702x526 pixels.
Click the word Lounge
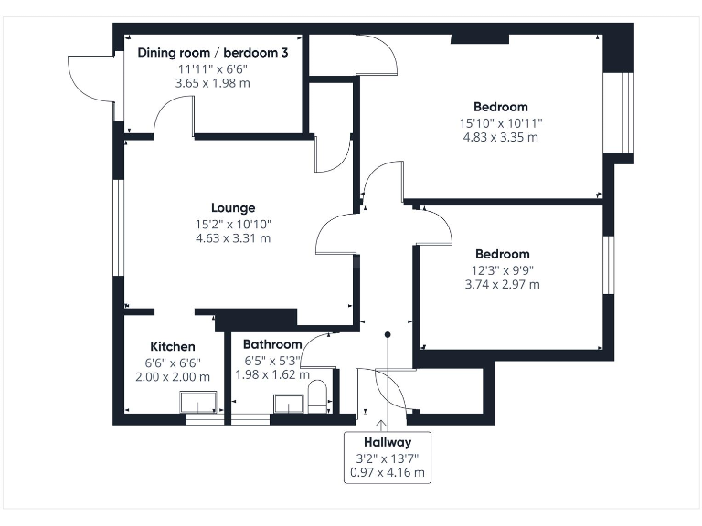233,207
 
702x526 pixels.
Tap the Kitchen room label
173,347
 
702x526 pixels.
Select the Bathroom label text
271,344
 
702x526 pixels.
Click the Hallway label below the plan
388,442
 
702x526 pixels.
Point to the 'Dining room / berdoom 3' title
213,53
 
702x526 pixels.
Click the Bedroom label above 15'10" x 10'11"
500,107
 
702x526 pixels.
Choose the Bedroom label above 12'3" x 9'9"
502,254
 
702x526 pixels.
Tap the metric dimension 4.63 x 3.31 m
233,238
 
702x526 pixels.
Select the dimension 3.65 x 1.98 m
213,83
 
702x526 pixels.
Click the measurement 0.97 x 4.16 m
388,473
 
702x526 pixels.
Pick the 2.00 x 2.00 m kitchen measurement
173,377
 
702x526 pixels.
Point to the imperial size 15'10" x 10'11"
500,122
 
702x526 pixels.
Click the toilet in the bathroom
317,398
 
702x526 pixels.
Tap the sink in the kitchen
198,403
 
